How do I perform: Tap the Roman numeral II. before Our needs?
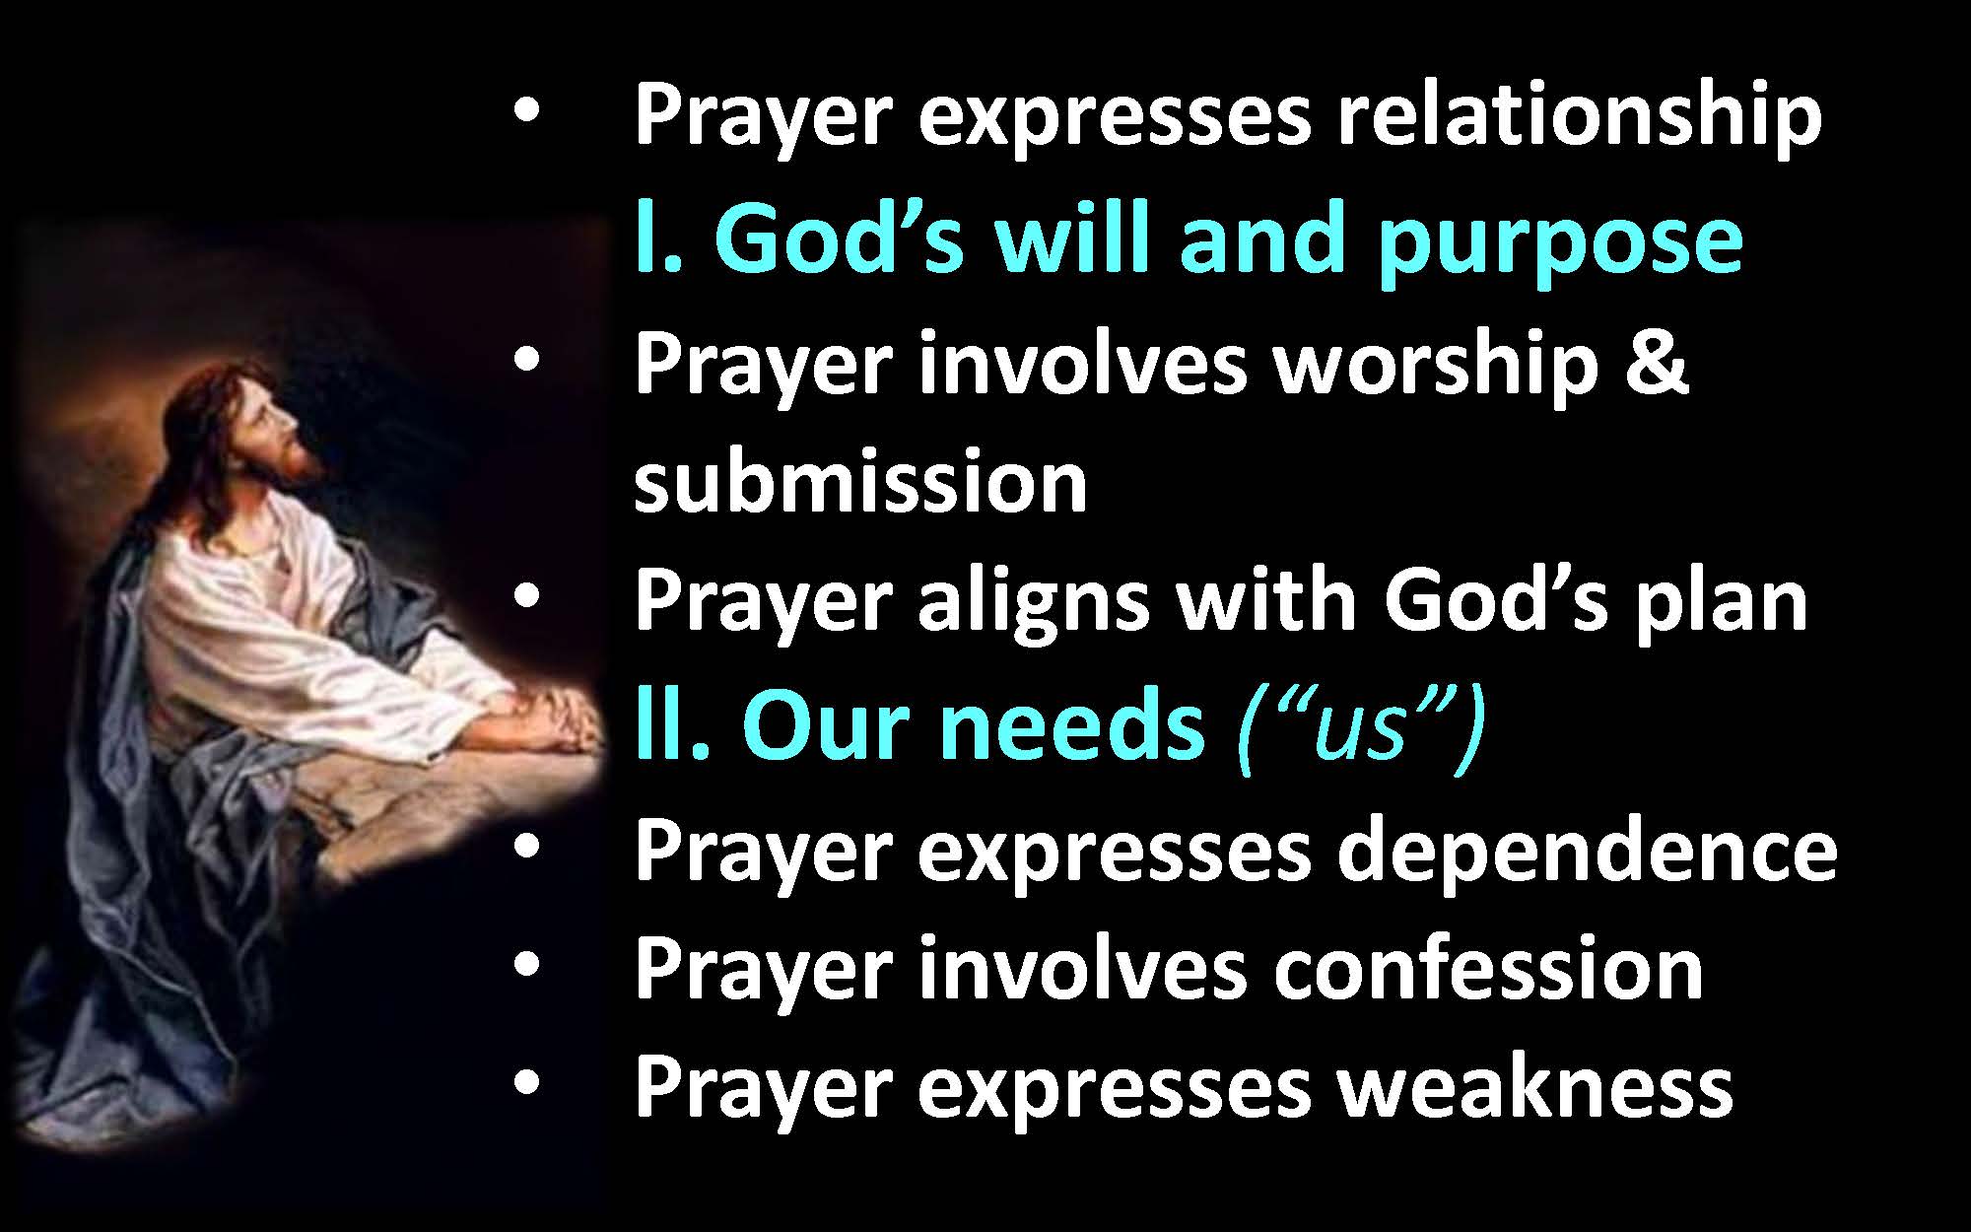click(674, 725)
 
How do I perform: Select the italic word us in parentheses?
click(1359, 729)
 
